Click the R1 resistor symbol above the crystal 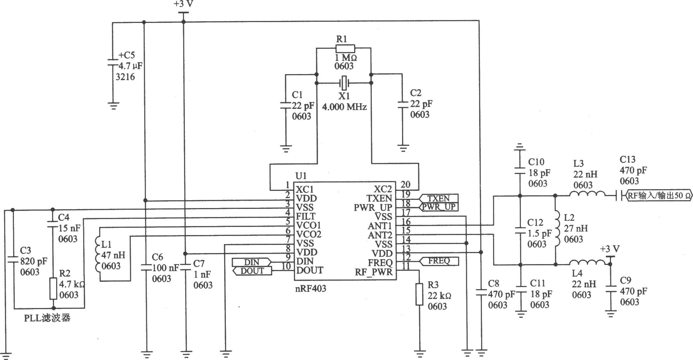coord(345,49)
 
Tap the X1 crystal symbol coord(344,83)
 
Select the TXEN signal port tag coord(438,198)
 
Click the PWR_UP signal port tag coord(438,207)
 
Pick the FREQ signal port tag coord(438,261)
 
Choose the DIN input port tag coord(252,263)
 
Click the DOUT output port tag coord(252,271)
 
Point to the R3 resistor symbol coord(419,294)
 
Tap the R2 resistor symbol coord(53,288)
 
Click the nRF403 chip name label coord(311,289)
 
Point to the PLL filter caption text coord(47,318)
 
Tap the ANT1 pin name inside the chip coord(380,226)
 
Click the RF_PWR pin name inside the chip coord(374,272)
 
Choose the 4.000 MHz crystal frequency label coord(344,107)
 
